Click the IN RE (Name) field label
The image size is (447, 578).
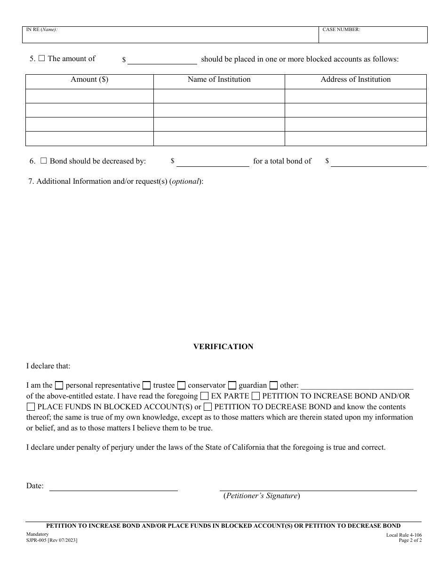(42, 30)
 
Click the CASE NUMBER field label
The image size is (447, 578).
(341, 30)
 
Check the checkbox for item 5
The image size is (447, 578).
(41, 59)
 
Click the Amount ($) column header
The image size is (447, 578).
(89, 79)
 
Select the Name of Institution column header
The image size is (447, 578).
(219, 79)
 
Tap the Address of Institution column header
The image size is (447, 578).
(355, 79)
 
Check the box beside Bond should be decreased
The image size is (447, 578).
(44, 161)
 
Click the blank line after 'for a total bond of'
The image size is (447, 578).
(378, 163)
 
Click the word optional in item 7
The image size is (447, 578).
(185, 181)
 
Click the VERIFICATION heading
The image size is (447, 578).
(223, 347)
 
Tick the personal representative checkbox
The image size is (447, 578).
(59, 385)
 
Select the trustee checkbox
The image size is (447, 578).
(146, 385)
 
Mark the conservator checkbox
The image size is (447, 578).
(181, 385)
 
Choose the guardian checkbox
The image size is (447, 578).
(232, 385)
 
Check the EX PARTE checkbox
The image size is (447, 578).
(204, 396)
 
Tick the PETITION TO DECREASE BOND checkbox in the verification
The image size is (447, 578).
(208, 407)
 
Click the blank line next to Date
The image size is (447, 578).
(113, 487)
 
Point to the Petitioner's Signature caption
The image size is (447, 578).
(261, 496)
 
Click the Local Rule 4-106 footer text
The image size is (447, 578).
(404, 535)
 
